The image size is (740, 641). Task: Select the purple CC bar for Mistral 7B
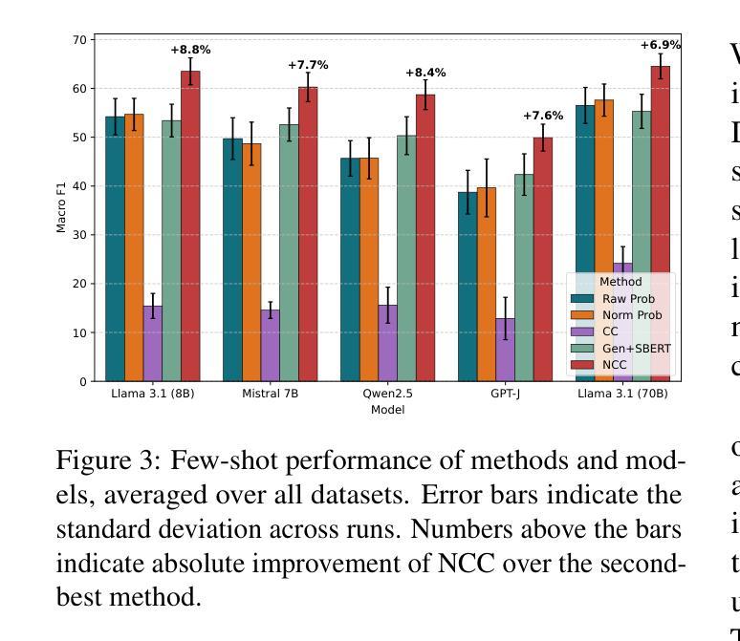270,345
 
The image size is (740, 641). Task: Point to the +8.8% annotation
190,50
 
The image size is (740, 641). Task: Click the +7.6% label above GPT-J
543,116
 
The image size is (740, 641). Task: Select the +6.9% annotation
661,45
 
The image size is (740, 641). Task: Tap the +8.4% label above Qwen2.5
425,73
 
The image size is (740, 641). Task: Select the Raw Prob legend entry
629,299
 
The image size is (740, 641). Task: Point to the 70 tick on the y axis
78,40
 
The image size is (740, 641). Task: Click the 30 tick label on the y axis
78,235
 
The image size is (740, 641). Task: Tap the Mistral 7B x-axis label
271,394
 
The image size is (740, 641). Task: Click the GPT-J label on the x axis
505,394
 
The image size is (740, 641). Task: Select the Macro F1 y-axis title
62,210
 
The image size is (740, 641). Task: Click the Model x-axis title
387,410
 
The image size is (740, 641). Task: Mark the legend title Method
620,282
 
